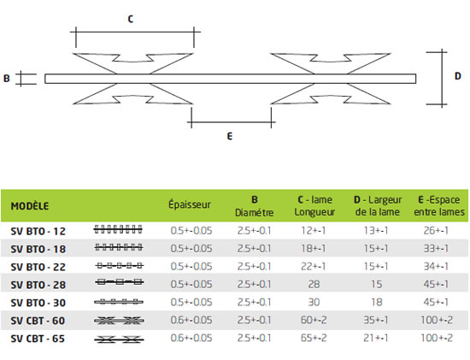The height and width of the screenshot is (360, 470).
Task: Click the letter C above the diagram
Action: click(x=131, y=19)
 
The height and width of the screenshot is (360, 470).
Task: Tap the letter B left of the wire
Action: click(x=7, y=79)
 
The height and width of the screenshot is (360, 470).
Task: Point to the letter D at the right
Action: click(x=458, y=76)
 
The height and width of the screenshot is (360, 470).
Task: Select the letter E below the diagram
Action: click(x=230, y=137)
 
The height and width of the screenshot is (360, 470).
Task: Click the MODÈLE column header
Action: click(x=30, y=206)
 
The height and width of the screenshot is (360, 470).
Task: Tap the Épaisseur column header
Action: click(x=190, y=204)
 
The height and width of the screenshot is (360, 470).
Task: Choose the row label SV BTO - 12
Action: click(x=38, y=231)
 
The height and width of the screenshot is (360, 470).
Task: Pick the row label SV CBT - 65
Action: click(x=38, y=339)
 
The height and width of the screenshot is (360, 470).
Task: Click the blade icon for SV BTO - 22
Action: click(x=120, y=266)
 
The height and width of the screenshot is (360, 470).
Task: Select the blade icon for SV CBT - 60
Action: click(x=119, y=321)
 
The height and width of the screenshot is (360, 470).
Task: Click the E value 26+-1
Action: click(x=436, y=230)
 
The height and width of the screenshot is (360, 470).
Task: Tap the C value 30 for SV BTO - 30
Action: click(x=314, y=302)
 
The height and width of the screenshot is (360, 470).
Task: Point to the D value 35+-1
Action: click(x=376, y=320)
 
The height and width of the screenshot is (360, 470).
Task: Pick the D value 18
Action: click(x=377, y=302)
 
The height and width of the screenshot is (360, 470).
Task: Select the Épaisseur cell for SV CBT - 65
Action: click(x=191, y=338)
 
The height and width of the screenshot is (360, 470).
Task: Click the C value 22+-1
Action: click(x=314, y=267)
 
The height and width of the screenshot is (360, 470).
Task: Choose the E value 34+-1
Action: click(x=436, y=267)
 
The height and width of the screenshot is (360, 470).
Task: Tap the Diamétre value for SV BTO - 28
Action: click(x=254, y=284)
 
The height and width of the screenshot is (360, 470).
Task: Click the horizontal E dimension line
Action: click(x=231, y=122)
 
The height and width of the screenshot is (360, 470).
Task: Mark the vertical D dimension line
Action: click(x=442, y=79)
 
